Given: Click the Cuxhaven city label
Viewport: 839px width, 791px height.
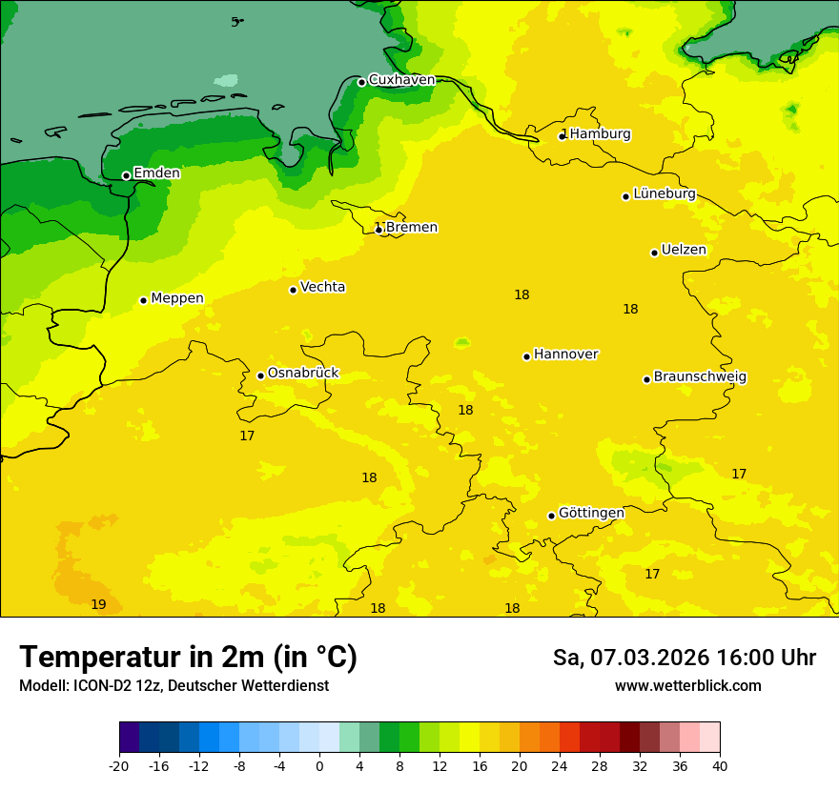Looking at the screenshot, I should point(401,80).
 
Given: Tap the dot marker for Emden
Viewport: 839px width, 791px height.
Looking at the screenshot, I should point(126,175).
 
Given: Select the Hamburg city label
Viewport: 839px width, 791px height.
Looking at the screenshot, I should point(600,134).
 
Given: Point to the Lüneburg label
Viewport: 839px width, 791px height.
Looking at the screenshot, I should point(664,194).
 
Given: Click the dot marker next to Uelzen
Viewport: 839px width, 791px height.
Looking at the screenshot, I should point(654,253).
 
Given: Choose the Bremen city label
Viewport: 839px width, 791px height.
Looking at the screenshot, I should point(411,228).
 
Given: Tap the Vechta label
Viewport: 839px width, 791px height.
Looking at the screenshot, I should point(322,287).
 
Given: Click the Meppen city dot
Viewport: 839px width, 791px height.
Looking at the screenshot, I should point(143,300).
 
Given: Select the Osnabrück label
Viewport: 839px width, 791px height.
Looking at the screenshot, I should point(303,374).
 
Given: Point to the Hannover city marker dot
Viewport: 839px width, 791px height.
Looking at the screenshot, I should point(526,356).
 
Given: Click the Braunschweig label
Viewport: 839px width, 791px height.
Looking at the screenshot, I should point(700,377).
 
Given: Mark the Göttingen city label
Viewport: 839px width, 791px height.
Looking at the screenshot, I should point(591,513).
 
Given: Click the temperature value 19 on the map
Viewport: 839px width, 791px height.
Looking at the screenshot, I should point(98,605).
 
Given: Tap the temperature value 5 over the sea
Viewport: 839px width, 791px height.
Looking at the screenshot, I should point(235,22).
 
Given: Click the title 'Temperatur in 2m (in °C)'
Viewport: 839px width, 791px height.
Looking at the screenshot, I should point(188,658).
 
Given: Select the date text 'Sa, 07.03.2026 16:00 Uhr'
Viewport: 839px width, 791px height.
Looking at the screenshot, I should point(684,658).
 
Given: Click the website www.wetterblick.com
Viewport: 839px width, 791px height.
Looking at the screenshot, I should point(687,686).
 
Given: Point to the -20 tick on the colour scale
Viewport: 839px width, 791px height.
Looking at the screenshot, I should point(119,766).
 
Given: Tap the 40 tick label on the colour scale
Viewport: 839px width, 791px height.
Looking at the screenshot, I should point(720,766).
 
